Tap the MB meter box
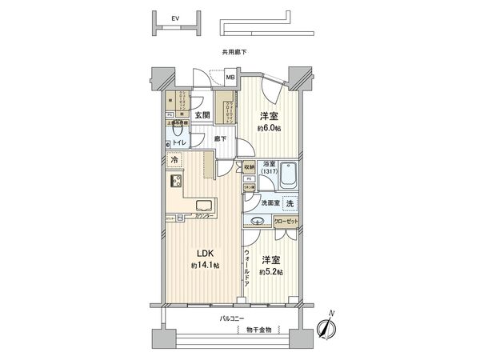click(x=230, y=78)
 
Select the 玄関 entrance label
click(x=202, y=114)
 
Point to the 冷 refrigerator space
click(x=175, y=161)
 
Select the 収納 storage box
click(x=251, y=166)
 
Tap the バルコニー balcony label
click(x=233, y=318)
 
